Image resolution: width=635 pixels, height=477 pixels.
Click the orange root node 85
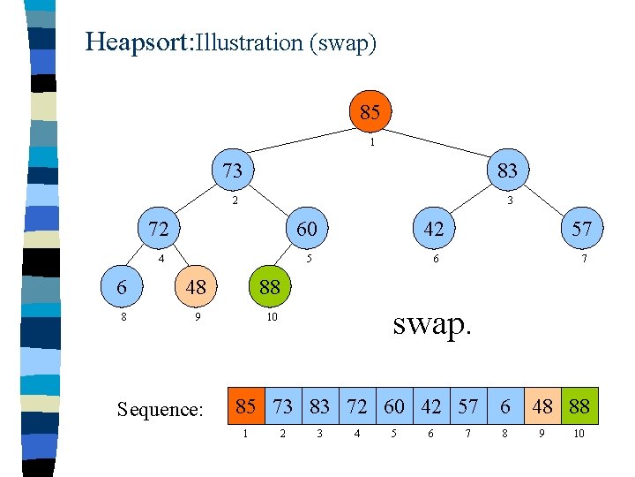(370, 112)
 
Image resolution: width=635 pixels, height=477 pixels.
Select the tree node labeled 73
(232, 170)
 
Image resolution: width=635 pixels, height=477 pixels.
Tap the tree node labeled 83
(507, 170)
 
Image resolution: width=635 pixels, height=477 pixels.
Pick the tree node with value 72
(159, 229)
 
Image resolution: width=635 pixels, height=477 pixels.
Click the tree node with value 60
(306, 229)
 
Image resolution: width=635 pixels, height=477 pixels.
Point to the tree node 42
(434, 229)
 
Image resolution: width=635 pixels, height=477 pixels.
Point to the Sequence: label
(160, 409)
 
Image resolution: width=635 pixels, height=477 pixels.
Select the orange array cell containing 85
(246, 406)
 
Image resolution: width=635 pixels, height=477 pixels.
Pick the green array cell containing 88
(579, 406)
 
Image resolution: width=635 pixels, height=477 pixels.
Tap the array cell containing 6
(505, 406)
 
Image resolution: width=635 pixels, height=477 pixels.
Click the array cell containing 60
(394, 406)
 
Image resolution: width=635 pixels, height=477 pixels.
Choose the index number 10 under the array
(579, 435)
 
